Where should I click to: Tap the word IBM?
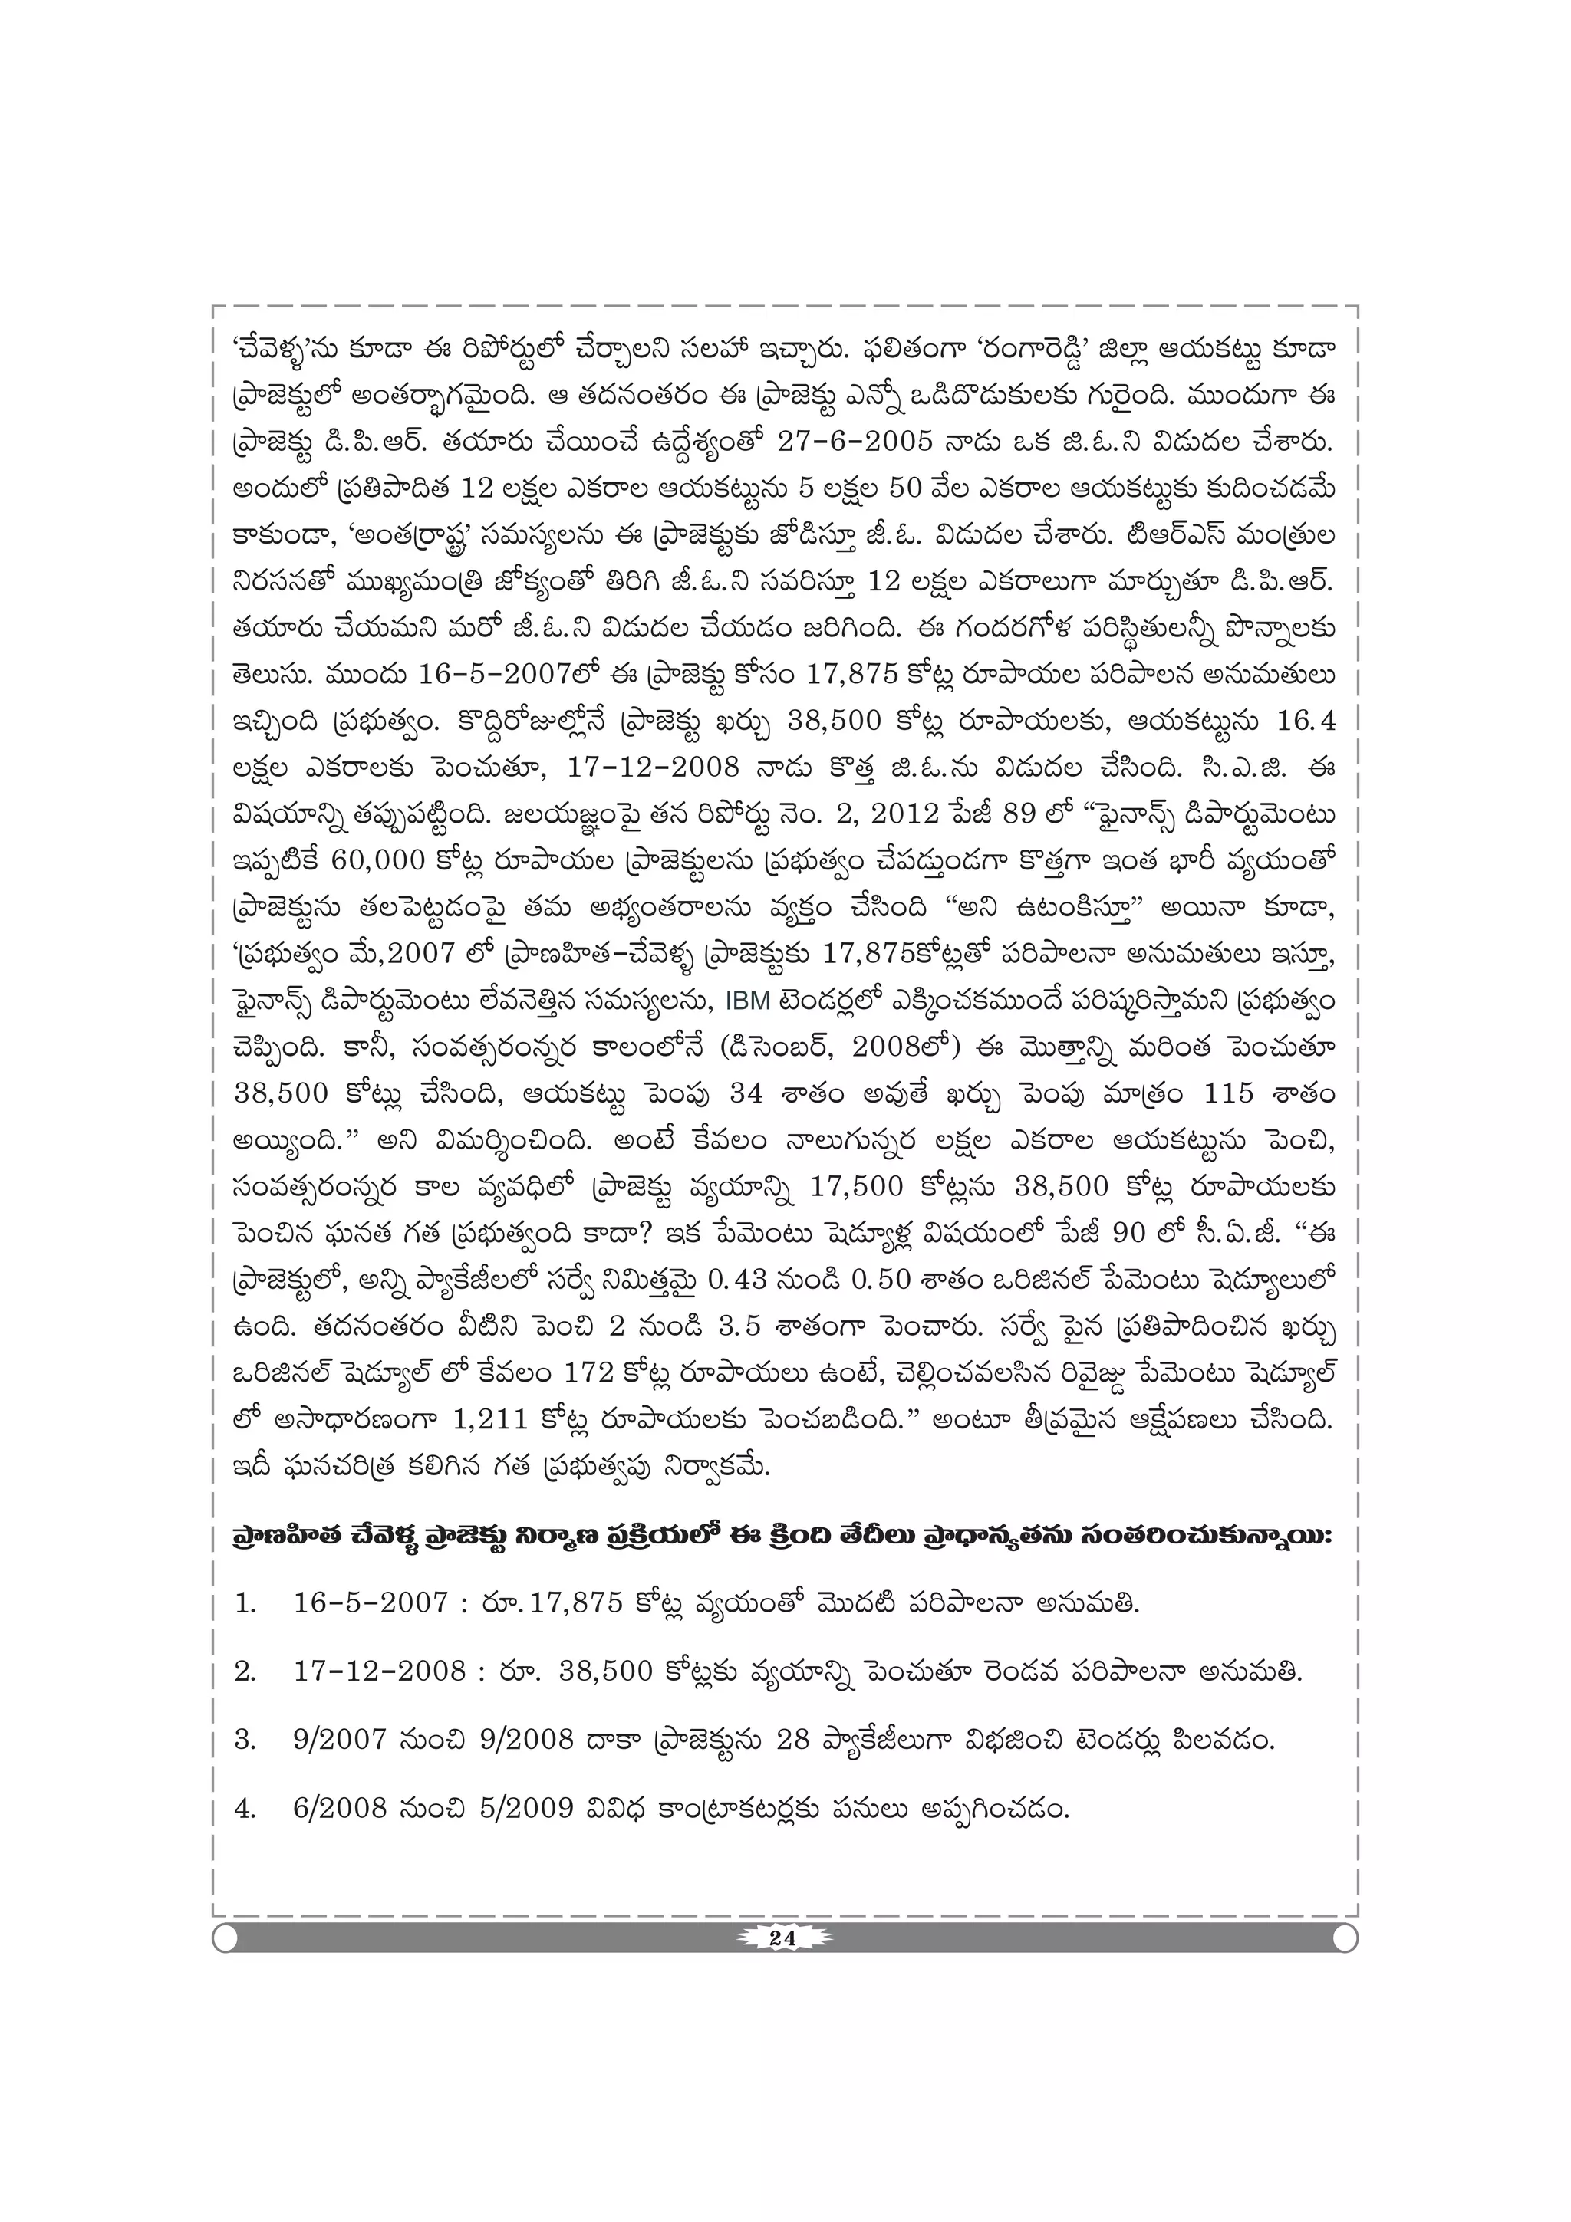743,1001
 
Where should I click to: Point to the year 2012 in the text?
906,814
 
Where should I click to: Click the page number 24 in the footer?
782,1938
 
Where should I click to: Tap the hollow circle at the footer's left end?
226,1938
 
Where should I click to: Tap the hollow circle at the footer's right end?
1345,1938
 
